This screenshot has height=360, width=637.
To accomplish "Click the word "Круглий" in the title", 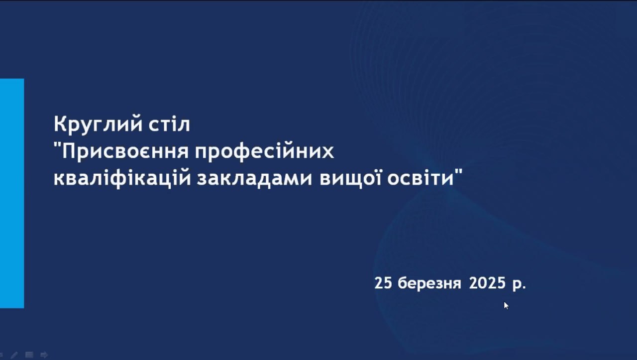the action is (x=98, y=124).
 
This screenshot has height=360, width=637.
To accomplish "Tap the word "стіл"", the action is (x=169, y=124).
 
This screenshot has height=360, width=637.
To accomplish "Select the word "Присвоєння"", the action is (x=125, y=151).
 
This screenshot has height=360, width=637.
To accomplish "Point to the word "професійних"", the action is (x=264, y=151).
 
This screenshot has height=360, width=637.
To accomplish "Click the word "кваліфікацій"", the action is (x=122, y=178).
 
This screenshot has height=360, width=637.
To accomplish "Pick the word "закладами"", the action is (x=254, y=179).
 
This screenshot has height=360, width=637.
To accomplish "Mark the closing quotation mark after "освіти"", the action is (x=458, y=172).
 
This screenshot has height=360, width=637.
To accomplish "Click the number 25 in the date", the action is (x=383, y=283).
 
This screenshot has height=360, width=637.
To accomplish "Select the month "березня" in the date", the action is (x=429, y=283).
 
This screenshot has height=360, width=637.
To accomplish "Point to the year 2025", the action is (x=487, y=283).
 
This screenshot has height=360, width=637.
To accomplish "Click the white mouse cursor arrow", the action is (x=506, y=305).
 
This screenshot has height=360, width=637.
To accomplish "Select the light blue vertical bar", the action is (x=12, y=193).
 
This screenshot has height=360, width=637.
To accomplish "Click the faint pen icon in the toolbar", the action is (x=14, y=355).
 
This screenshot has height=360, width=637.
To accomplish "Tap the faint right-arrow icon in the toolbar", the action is (x=44, y=355).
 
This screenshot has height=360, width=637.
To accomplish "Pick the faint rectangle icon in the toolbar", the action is (x=29, y=355).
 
